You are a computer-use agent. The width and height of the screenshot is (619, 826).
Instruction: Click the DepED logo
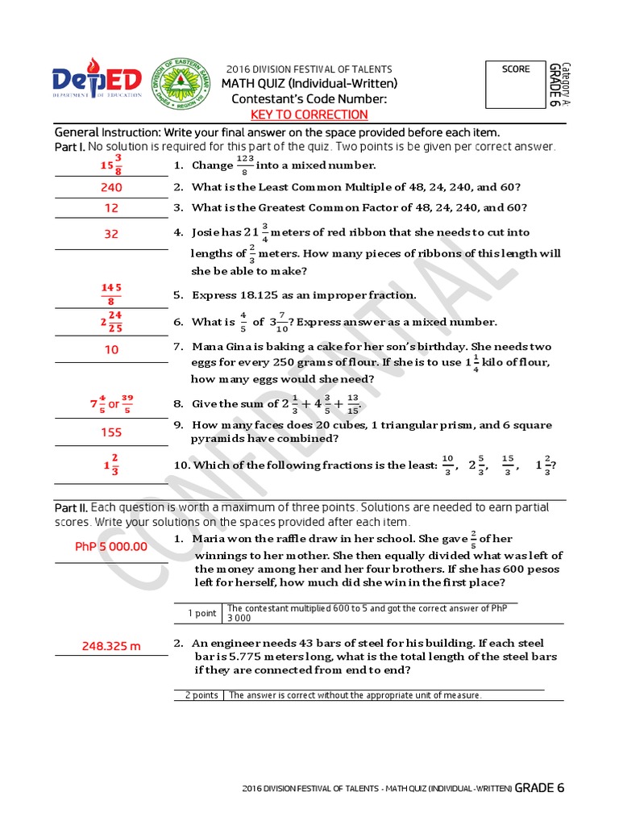97,81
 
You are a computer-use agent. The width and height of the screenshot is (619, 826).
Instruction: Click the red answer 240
111,187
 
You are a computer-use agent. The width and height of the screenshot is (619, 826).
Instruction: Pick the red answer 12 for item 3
111,208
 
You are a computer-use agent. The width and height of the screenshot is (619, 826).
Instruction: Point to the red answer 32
111,235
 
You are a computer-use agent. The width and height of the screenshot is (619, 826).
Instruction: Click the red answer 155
111,432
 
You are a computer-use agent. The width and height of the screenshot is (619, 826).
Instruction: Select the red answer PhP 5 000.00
111,546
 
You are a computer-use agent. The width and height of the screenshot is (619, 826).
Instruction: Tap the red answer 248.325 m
111,646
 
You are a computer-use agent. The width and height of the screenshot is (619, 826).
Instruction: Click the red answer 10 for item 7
111,349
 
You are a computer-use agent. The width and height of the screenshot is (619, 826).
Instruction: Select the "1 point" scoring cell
201,613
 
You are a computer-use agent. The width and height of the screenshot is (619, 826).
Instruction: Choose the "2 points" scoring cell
201,695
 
